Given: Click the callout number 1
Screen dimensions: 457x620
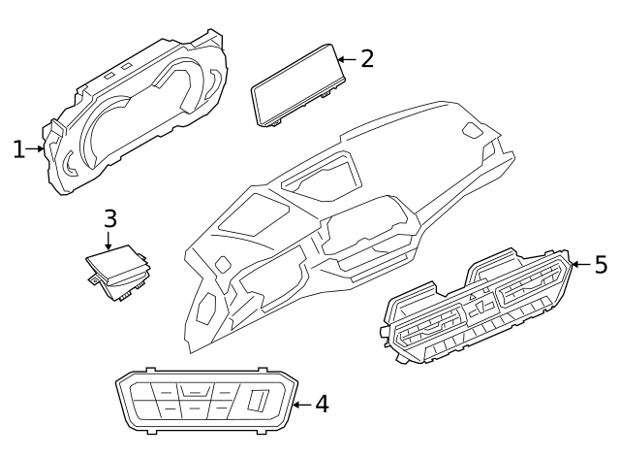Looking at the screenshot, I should click(18, 149).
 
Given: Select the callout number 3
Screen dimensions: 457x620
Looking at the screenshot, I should click(109, 219).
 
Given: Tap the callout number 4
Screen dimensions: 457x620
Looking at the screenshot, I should click(321, 404).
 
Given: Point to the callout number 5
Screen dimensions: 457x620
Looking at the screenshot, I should click(600, 264).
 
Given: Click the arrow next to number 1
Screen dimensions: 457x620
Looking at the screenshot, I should click(38, 149).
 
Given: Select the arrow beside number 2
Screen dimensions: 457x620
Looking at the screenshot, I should click(346, 59).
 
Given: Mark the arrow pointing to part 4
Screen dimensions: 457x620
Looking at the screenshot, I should click(300, 405).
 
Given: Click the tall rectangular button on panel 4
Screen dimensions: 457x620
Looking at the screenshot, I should click(258, 400).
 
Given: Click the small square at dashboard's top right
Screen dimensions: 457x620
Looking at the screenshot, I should click(472, 131).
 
